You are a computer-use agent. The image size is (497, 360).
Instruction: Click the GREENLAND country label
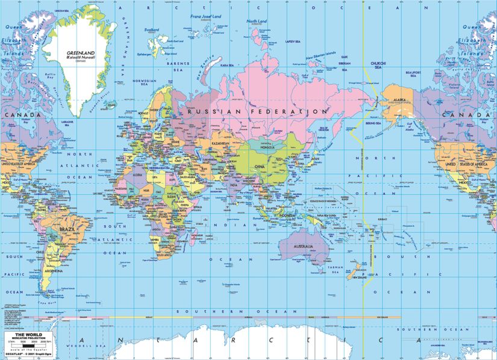tap(81, 53)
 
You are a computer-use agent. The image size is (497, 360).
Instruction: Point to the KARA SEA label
tap(227, 65)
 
